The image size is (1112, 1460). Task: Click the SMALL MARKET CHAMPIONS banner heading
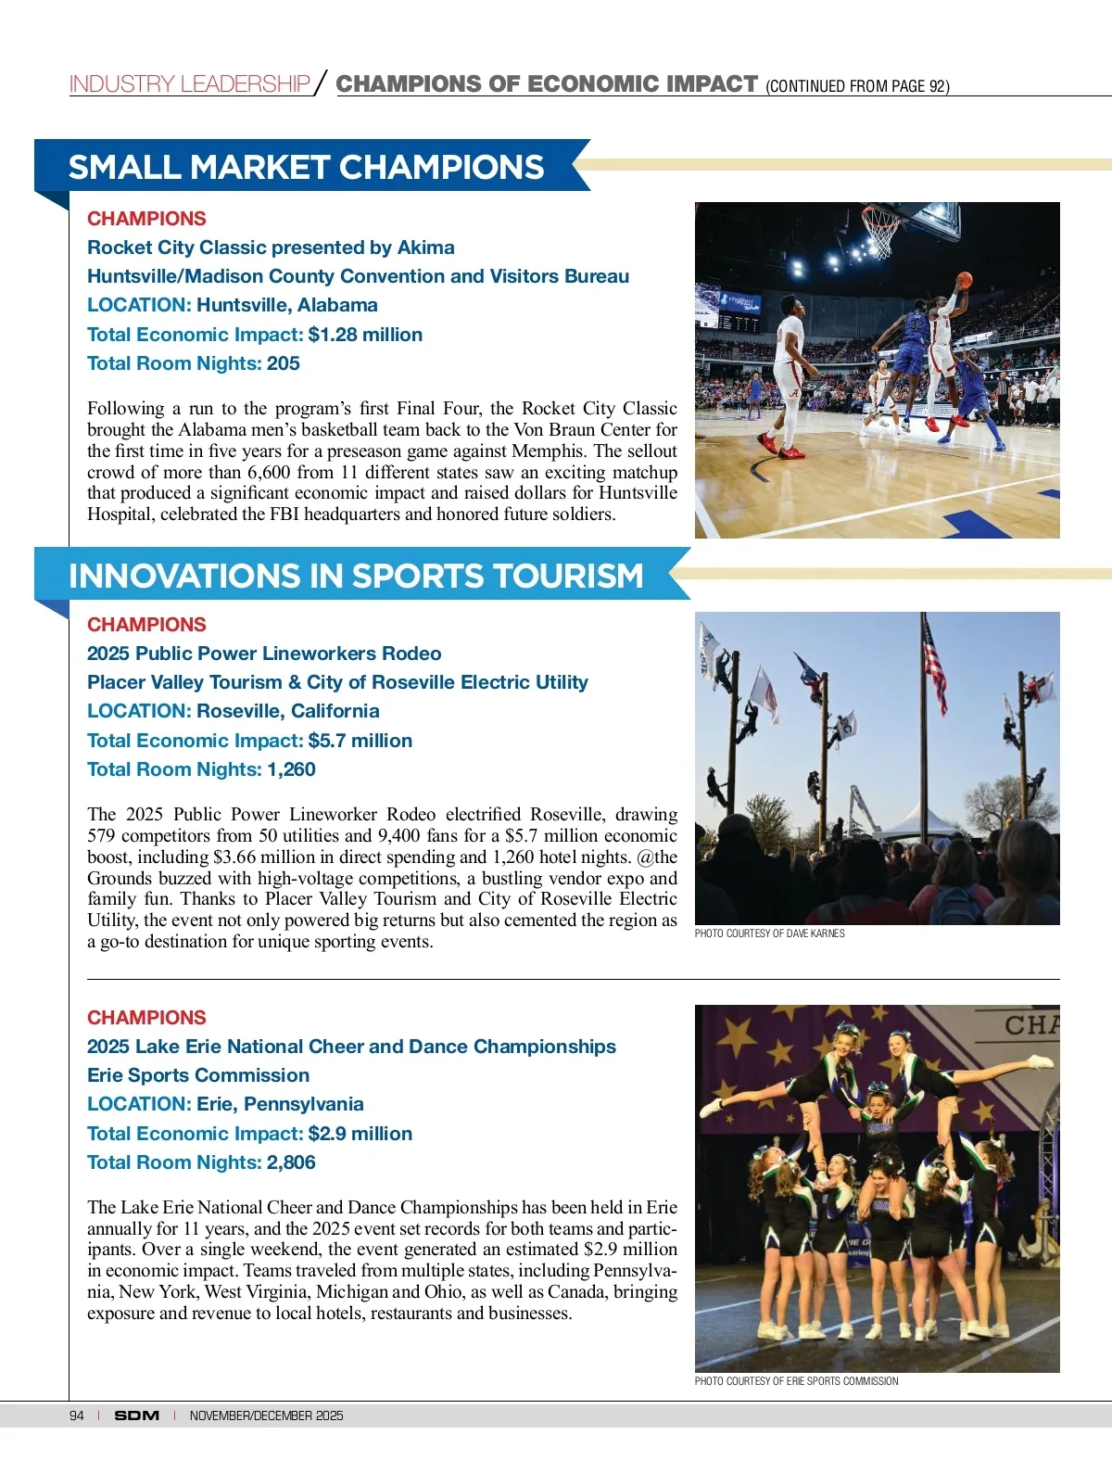click(306, 168)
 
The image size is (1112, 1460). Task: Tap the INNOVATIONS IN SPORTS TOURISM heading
click(356, 576)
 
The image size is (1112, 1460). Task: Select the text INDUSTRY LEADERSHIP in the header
click(189, 84)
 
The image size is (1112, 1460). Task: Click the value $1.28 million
click(365, 335)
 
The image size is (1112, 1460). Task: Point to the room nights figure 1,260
click(291, 769)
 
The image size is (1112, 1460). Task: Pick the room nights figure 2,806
click(291, 1162)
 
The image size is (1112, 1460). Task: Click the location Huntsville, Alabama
click(287, 305)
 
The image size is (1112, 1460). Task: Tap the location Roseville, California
click(288, 711)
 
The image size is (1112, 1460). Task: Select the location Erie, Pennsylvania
click(280, 1104)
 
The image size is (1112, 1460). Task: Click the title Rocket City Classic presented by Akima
click(271, 248)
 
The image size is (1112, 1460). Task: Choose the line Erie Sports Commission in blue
click(198, 1075)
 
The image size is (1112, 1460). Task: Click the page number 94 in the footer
click(77, 1416)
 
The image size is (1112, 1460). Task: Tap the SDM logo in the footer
click(136, 1416)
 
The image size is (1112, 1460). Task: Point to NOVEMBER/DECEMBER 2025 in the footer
click(266, 1416)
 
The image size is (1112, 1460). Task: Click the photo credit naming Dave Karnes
click(769, 933)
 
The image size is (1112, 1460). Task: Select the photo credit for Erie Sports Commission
click(796, 1381)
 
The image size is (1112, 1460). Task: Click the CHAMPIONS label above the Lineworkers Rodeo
click(146, 625)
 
